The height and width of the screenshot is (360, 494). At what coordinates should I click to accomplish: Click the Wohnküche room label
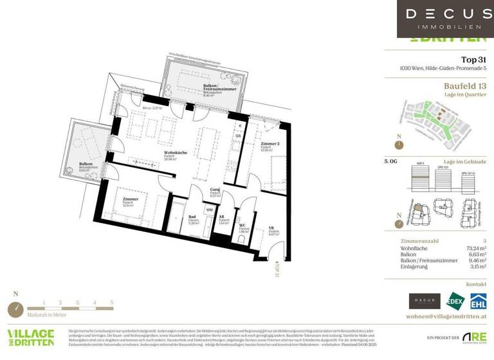click(176, 152)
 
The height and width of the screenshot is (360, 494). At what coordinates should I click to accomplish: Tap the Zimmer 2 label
click(269, 145)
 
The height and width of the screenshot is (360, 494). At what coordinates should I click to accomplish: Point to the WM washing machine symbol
click(210, 210)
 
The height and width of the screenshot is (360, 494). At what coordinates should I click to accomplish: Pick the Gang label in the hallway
click(216, 191)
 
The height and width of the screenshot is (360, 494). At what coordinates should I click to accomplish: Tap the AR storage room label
click(222, 218)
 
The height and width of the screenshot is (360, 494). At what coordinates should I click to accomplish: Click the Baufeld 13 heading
click(465, 85)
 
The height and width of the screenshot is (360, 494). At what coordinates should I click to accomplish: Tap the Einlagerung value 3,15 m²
click(475, 267)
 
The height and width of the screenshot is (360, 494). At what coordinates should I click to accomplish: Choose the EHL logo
click(477, 301)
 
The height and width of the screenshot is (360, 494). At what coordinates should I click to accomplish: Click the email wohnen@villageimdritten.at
click(446, 317)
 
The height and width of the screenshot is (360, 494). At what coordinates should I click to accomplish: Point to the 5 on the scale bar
click(111, 301)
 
